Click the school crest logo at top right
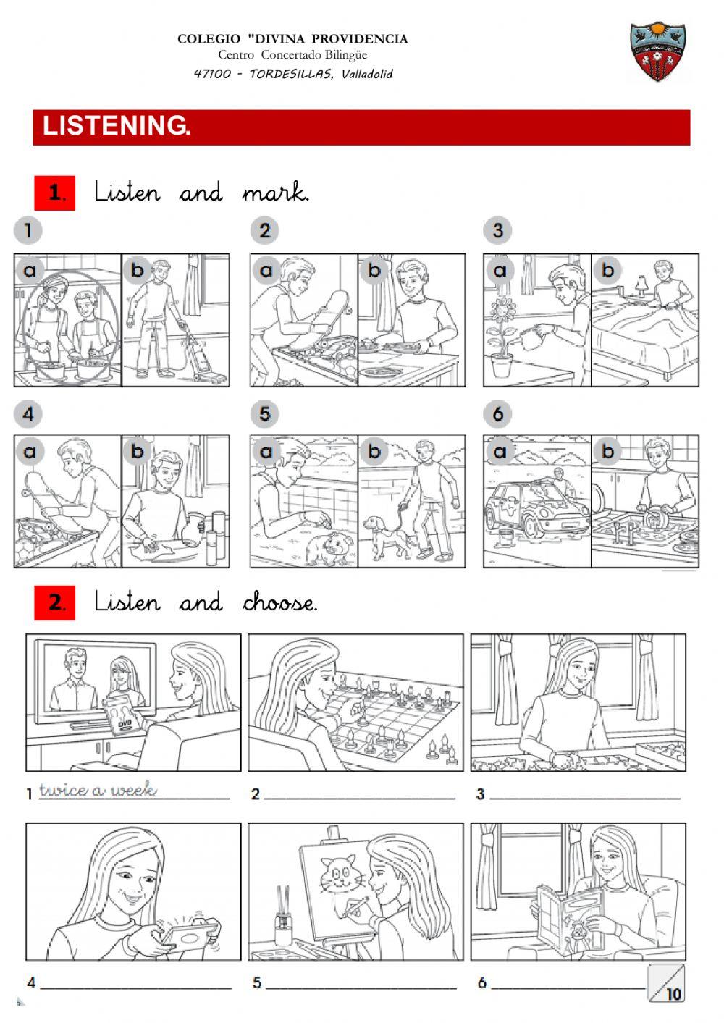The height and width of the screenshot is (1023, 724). coord(657,51)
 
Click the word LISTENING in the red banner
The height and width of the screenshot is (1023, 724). coord(116,126)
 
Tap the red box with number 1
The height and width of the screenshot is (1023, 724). coord(55,193)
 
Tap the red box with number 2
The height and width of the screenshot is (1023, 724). coord(55,602)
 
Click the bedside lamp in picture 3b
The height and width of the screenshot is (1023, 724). coord(641,285)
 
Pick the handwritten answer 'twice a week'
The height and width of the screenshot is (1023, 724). coord(98,790)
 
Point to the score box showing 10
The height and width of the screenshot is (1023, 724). coord(666,983)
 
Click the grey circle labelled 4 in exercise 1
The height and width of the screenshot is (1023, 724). coord(28,414)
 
